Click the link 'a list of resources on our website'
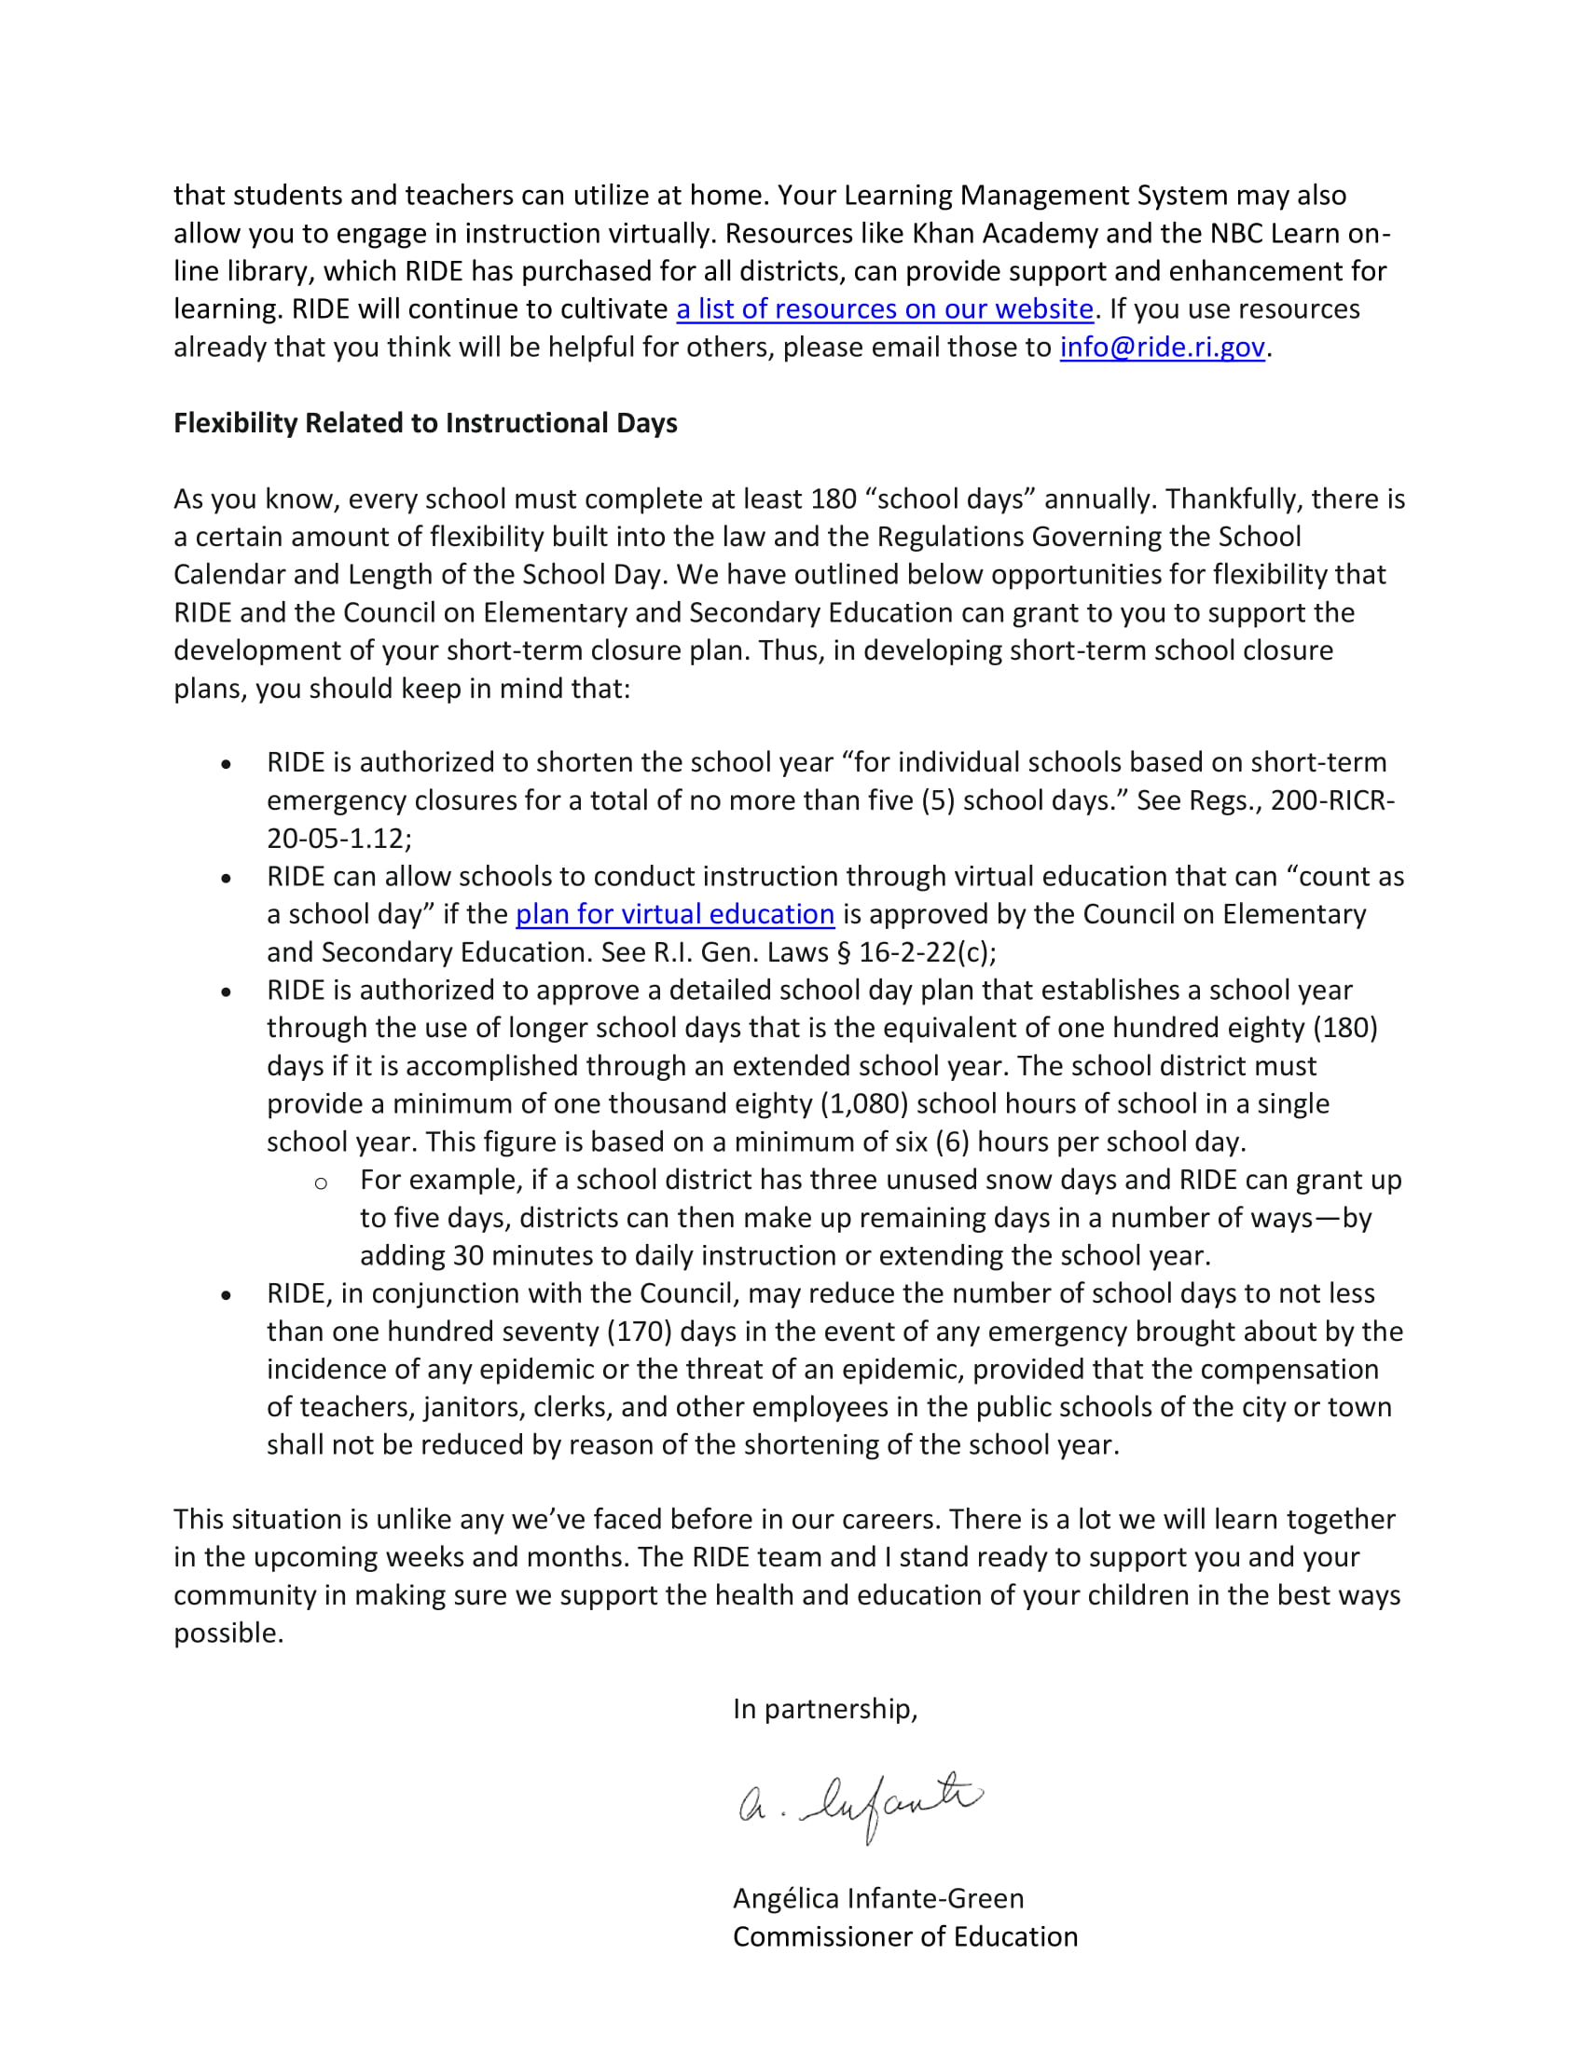[x=885, y=308]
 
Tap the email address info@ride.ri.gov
[x=1162, y=348]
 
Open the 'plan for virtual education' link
[x=674, y=914]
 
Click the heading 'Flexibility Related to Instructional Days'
[x=425, y=423]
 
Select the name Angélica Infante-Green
[x=878, y=1898]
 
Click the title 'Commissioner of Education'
[x=904, y=1936]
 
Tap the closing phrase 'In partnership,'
[x=824, y=1708]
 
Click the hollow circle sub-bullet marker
[x=321, y=1182]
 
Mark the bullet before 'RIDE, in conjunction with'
[x=227, y=1295]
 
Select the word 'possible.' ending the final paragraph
[x=228, y=1633]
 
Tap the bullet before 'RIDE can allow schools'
[x=227, y=879]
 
